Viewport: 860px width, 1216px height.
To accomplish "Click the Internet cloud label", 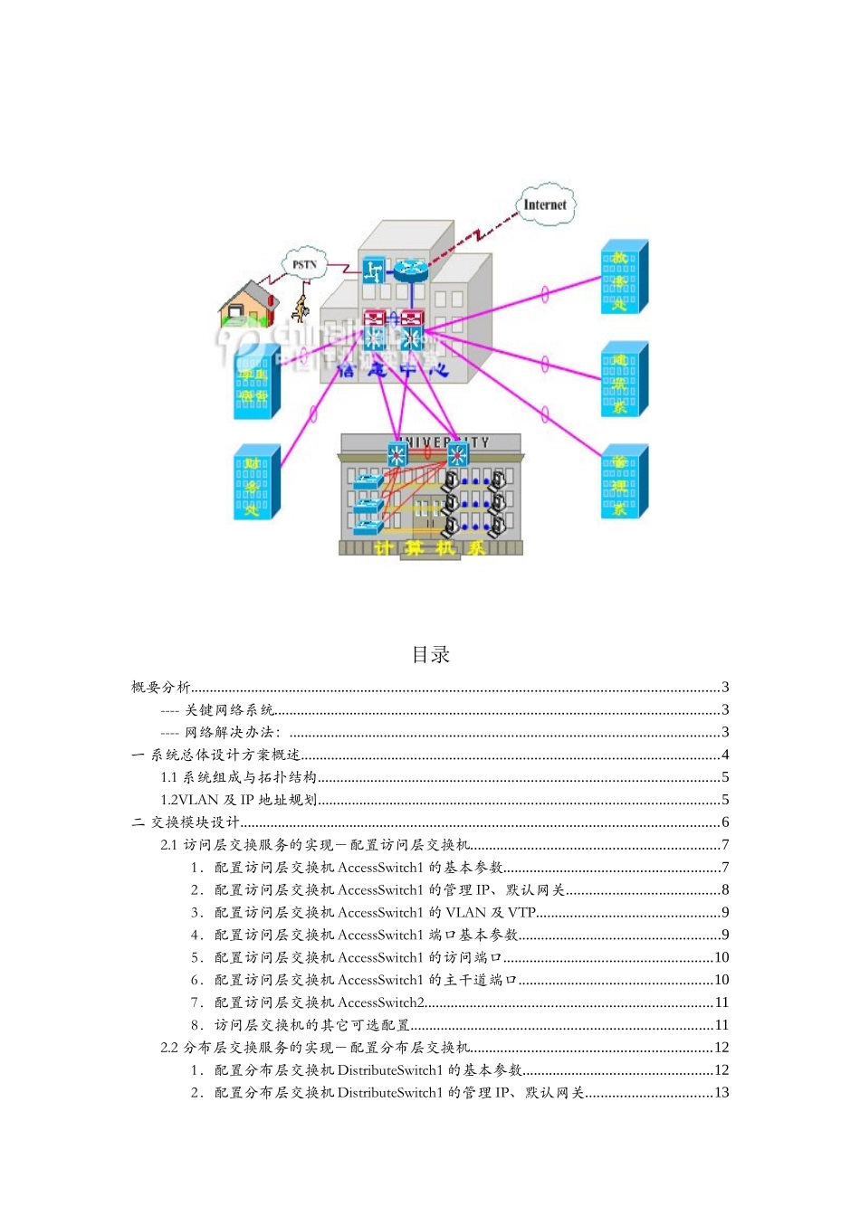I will (x=545, y=205).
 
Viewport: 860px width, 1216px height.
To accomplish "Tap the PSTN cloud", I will (x=305, y=264).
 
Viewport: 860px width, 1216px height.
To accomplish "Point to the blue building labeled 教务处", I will (x=624, y=278).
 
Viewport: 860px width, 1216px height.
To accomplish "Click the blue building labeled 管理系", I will (x=624, y=482).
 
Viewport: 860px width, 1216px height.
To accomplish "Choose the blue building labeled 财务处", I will (x=256, y=483).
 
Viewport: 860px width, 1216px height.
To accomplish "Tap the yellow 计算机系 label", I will (x=429, y=548).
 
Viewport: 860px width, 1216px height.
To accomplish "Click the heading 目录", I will (x=430, y=654).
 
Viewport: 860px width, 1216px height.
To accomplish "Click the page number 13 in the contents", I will (x=721, y=1093).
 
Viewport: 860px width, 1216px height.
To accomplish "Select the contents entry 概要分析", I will (x=161, y=688).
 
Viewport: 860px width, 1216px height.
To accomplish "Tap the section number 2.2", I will (x=169, y=1048).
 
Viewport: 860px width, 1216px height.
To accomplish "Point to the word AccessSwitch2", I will (x=381, y=1002).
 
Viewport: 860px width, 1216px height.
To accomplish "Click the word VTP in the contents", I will (x=521, y=913).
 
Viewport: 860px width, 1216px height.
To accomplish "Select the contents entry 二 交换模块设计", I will (x=186, y=822).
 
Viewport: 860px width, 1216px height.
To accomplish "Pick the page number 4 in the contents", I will (x=725, y=755).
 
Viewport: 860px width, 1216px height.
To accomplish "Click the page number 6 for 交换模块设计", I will (x=725, y=822).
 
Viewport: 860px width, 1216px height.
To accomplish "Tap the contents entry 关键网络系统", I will (x=229, y=710).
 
